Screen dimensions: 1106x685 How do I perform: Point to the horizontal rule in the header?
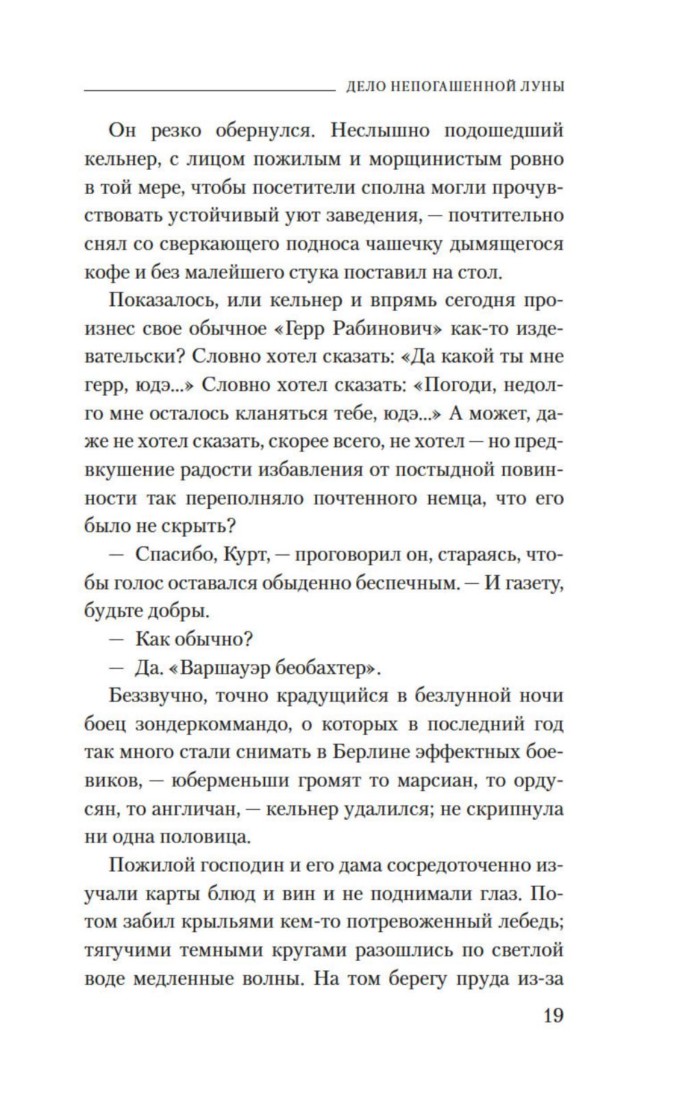(206, 90)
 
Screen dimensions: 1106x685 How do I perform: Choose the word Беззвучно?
(157, 696)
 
